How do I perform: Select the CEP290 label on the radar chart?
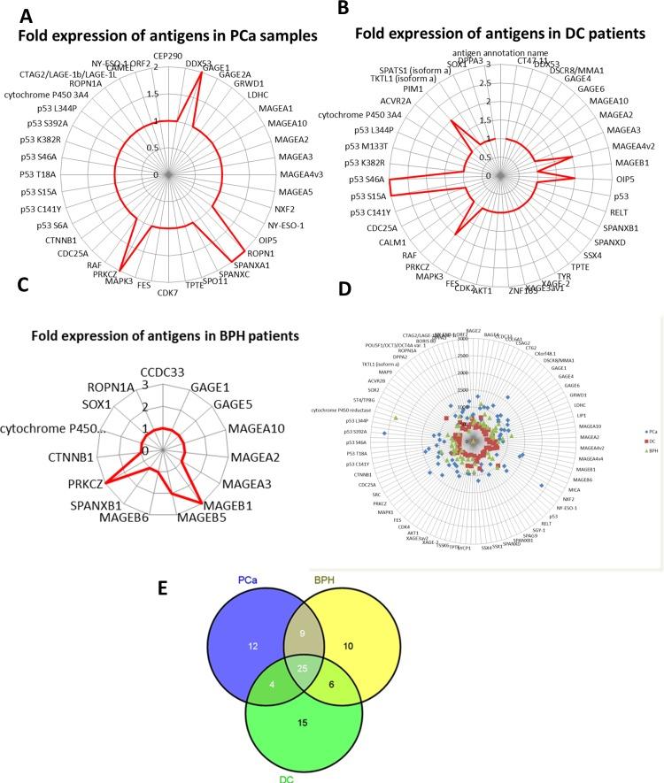168,55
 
